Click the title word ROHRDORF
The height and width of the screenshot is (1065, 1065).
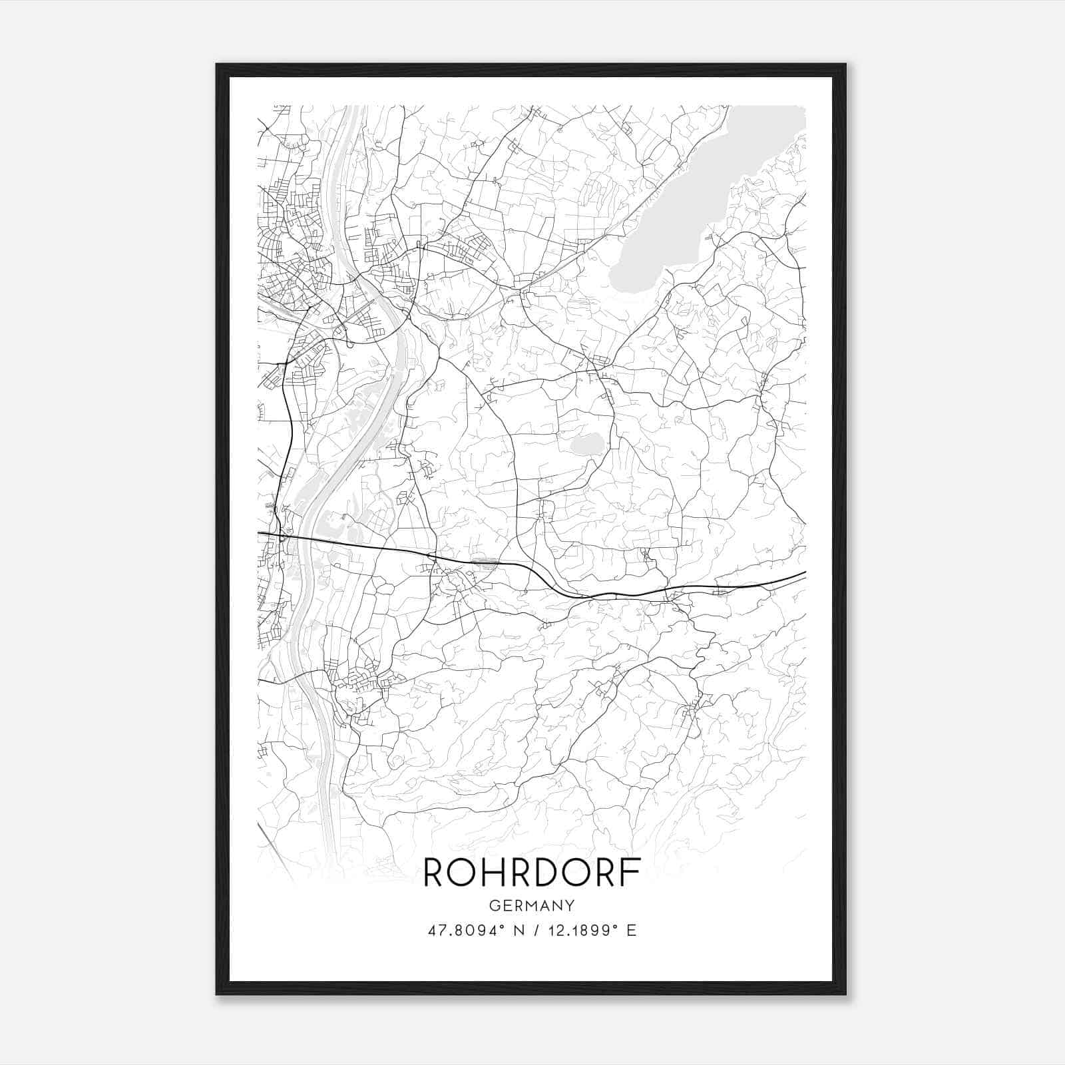coord(532,873)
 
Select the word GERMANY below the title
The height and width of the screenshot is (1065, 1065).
coord(532,906)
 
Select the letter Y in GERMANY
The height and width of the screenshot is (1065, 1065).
coord(570,906)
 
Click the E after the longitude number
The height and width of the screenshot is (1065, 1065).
coord(632,931)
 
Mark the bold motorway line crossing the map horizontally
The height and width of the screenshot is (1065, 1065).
coord(466,558)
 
